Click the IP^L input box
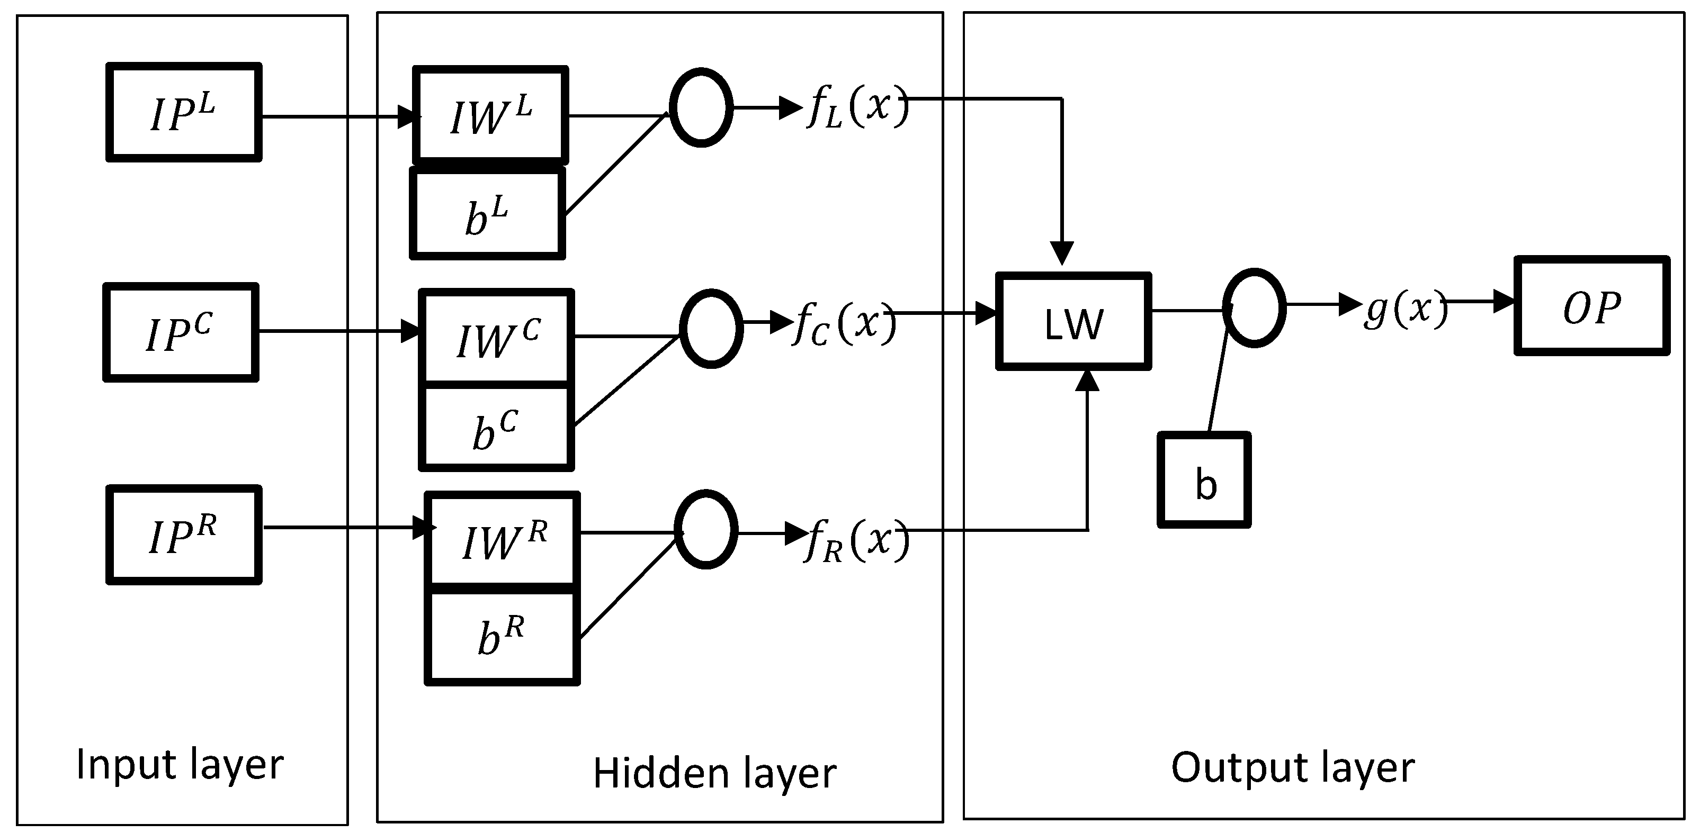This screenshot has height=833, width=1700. pos(183,113)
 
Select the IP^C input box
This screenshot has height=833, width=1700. pos(180,333)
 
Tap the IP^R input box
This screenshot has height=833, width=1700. pos(183,535)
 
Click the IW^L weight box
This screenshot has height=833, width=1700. pos(490,114)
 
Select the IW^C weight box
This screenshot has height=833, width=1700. pos(497,337)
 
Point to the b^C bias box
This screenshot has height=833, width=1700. pos(496,428)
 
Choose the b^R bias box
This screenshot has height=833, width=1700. pos(502,636)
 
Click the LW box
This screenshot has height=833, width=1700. pos(1073,322)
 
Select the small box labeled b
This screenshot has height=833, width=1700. pos(1204,480)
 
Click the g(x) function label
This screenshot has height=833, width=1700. pos(1404,309)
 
